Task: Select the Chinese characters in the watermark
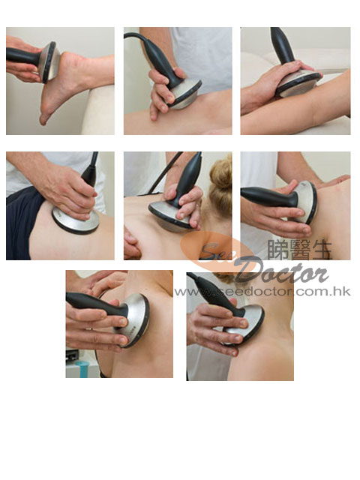299,250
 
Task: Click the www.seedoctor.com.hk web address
262,292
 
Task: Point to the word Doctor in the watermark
281,271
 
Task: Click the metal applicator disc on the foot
48,62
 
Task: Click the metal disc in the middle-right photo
305,202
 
